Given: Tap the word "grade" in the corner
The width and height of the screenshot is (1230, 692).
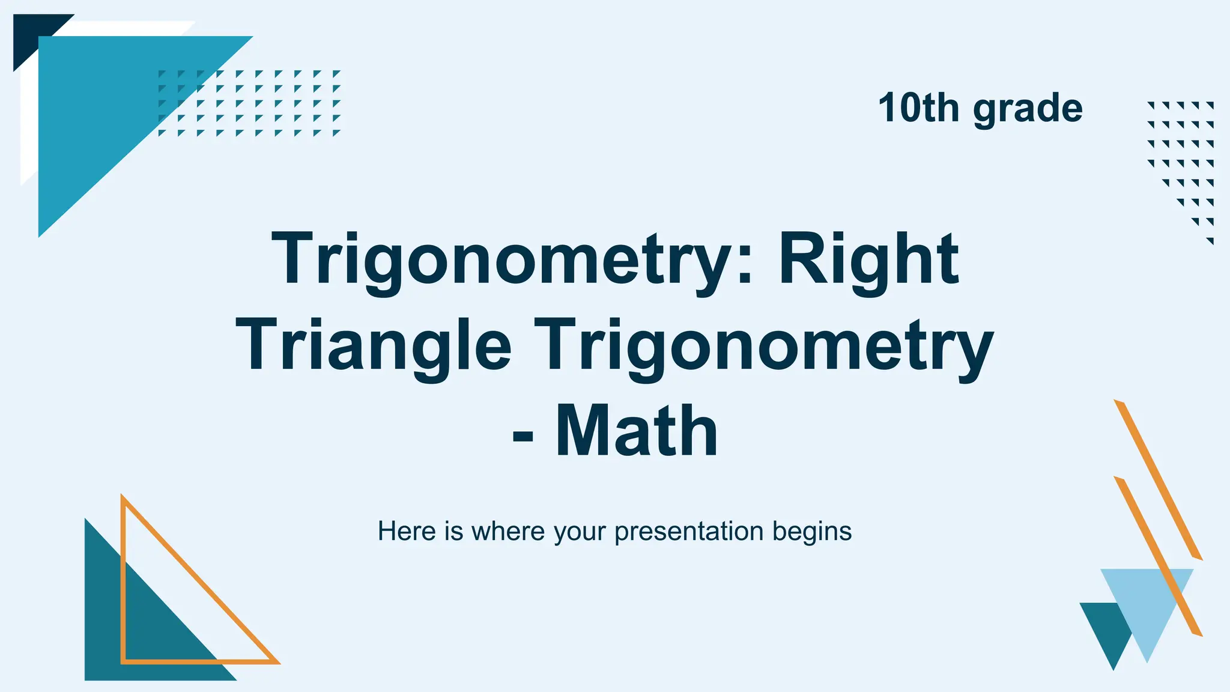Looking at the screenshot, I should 1028,109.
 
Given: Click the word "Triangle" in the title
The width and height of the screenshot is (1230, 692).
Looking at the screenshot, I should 373,347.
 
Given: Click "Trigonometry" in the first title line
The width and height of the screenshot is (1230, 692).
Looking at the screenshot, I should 504,261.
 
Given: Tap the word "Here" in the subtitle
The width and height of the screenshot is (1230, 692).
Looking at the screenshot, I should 407,532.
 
